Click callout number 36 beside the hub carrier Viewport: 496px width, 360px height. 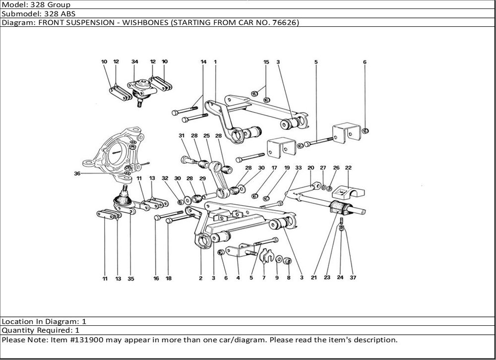tap(77, 173)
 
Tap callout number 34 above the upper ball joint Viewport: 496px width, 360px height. tap(134, 62)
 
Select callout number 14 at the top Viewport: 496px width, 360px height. tap(203, 62)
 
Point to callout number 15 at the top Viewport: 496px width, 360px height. tap(266, 62)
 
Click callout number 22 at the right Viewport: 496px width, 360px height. tap(348, 168)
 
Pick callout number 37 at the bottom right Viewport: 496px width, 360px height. tap(353, 278)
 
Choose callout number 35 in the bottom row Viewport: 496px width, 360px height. tap(130, 279)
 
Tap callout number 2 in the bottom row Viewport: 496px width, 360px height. tap(201, 278)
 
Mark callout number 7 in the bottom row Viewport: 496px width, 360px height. tap(264, 278)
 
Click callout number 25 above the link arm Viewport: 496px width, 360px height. tap(206, 135)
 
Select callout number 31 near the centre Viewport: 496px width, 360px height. tap(182, 135)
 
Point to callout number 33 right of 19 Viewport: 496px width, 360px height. tap(298, 168)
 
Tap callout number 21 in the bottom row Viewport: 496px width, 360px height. tap(313, 278)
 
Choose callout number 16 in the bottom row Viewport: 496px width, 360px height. tap(156, 279)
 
